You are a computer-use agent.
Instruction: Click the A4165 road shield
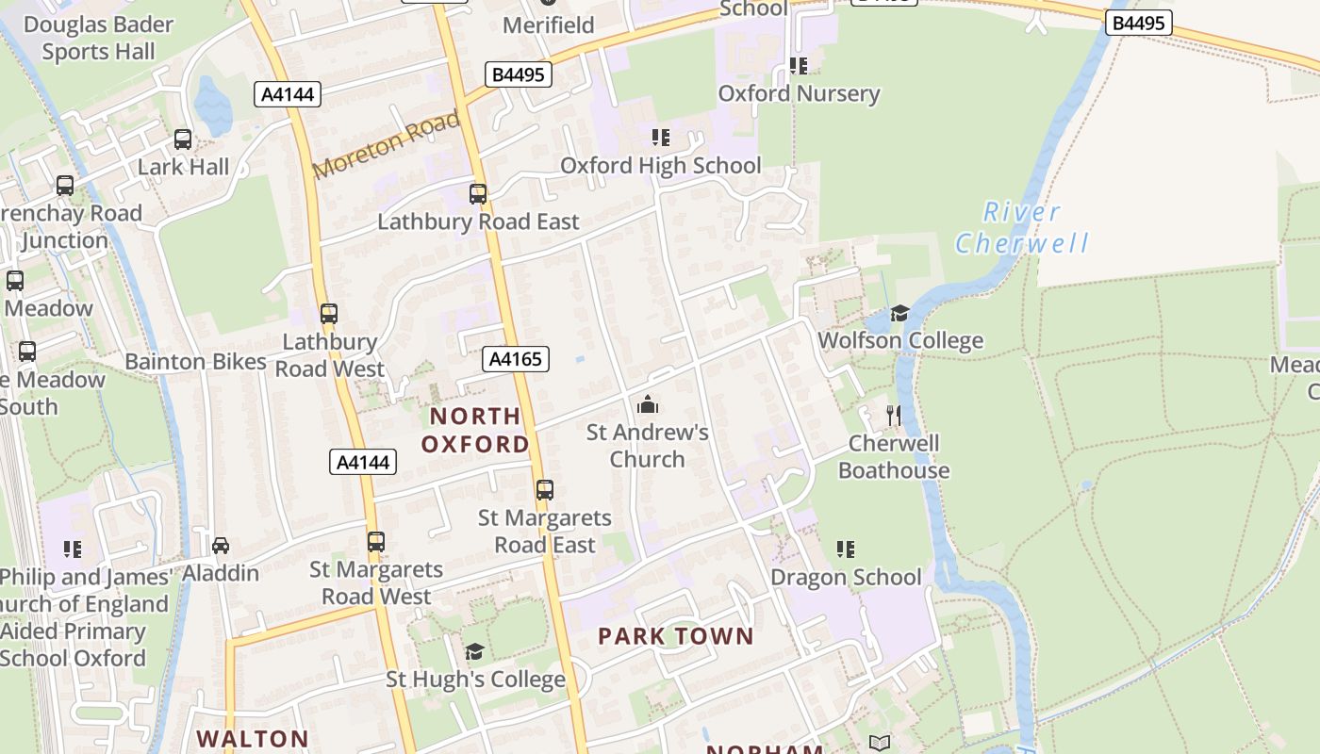pos(516,358)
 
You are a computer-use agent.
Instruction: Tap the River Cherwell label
pos(1022,227)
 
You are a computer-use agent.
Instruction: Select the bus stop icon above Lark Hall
pos(183,139)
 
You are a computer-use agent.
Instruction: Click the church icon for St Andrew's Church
pos(648,404)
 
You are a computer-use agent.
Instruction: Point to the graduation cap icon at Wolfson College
pos(899,313)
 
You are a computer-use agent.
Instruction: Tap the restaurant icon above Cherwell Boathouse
pos(893,415)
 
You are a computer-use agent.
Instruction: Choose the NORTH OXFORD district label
pos(475,430)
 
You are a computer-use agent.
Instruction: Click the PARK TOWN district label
pos(676,636)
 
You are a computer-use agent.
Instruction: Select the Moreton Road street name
pos(387,144)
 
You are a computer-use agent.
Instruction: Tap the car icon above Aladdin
pos(221,546)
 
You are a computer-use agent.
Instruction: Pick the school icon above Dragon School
pos(846,549)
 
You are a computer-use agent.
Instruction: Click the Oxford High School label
pos(660,166)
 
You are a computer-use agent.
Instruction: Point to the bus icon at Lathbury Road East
pos(478,194)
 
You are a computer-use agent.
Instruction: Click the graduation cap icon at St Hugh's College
pos(474,651)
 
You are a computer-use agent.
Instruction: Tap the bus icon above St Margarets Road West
pos(376,542)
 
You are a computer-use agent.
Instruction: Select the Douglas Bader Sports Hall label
pos(99,38)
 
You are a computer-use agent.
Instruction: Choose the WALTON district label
pos(253,739)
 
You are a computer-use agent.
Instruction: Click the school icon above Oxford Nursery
pos(799,65)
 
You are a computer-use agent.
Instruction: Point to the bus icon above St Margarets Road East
pos(545,490)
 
